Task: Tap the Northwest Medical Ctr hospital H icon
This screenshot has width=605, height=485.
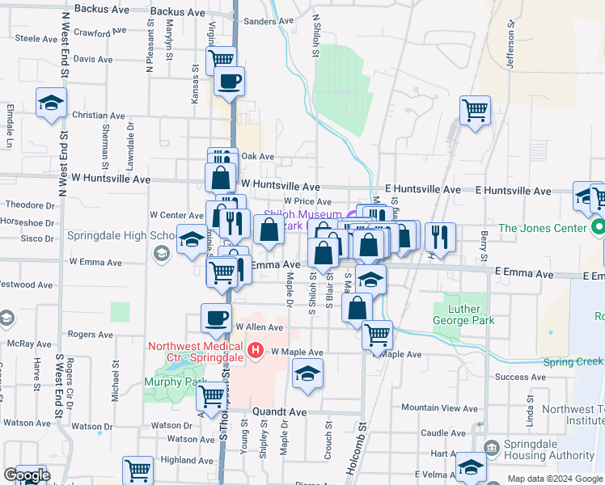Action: (256, 350)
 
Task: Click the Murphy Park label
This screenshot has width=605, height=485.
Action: (170, 382)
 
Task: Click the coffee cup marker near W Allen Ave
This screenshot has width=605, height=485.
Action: (216, 318)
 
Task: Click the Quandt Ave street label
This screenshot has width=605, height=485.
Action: (280, 411)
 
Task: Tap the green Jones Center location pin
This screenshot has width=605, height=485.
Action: (598, 226)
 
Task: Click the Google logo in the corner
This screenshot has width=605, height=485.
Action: (27, 476)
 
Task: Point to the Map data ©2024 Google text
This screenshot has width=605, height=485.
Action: (555, 479)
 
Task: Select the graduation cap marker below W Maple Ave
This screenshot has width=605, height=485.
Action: (307, 373)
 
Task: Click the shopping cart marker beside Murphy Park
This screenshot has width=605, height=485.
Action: (211, 397)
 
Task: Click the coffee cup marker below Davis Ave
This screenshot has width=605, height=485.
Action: (230, 80)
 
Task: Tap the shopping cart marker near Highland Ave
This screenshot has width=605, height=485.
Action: (137, 469)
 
